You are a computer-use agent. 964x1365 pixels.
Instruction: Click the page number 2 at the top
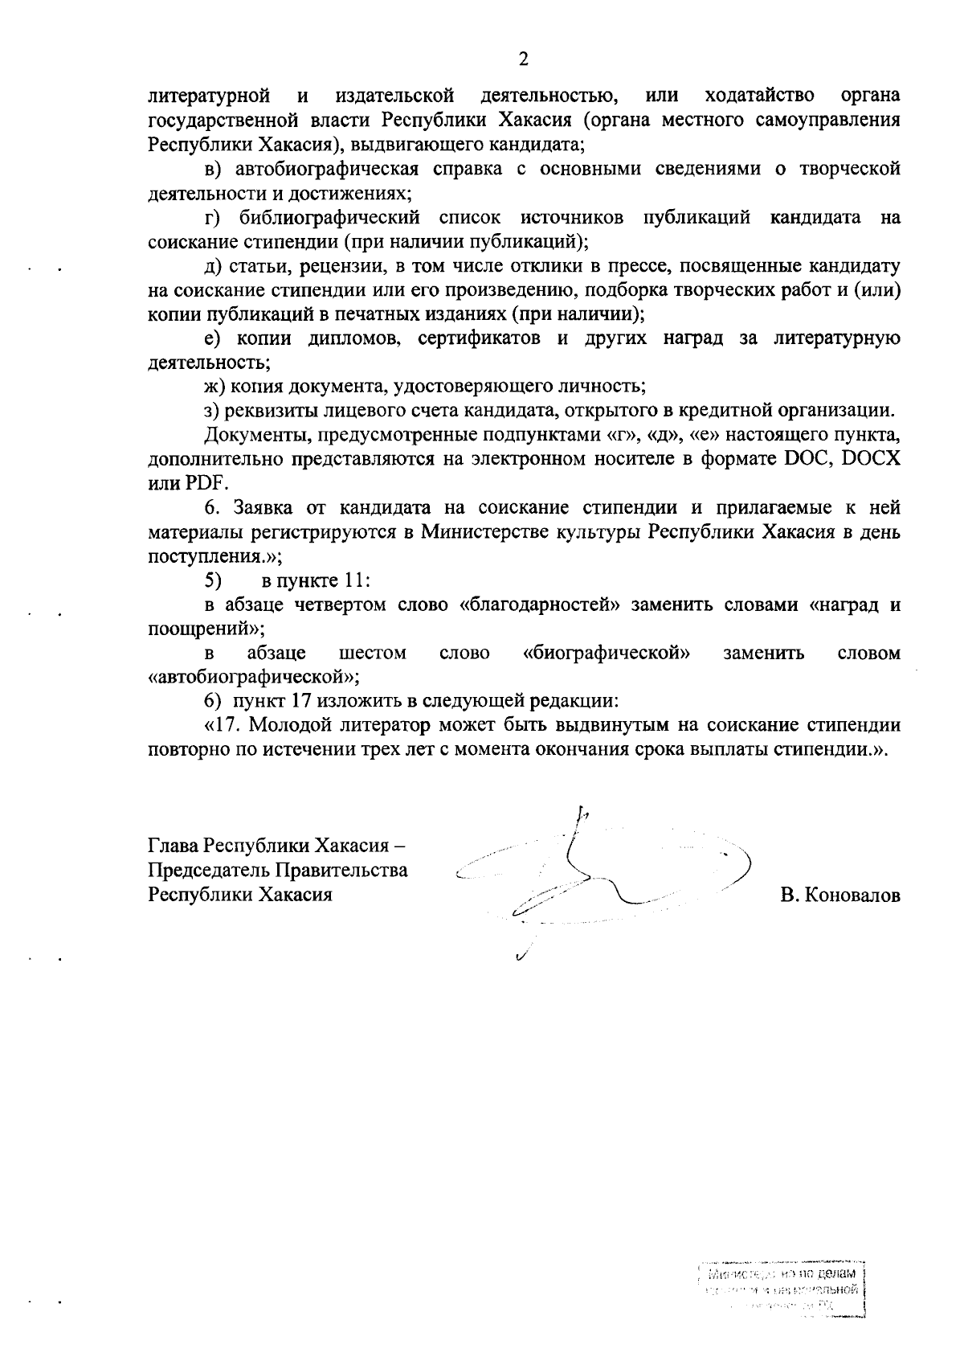point(524,59)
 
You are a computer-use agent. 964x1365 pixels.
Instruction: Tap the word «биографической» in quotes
point(607,653)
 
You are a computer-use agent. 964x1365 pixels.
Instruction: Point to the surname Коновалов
point(839,896)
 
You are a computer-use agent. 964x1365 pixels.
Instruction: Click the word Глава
point(173,846)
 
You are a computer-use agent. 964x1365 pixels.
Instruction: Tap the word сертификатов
point(479,338)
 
